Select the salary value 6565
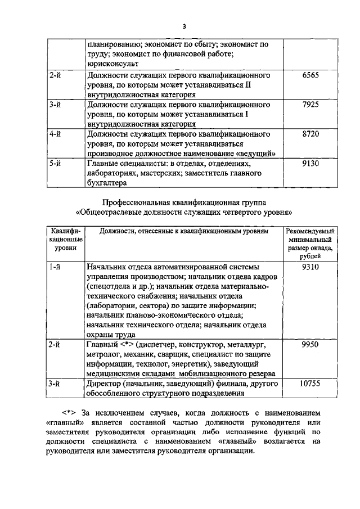tap(310, 75)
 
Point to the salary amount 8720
tap(310, 134)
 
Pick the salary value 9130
tap(310, 164)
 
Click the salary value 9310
tap(310, 267)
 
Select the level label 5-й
tap(55, 164)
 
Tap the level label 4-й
tap(55, 134)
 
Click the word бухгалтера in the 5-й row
tap(107, 183)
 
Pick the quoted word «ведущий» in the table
tap(256, 153)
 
